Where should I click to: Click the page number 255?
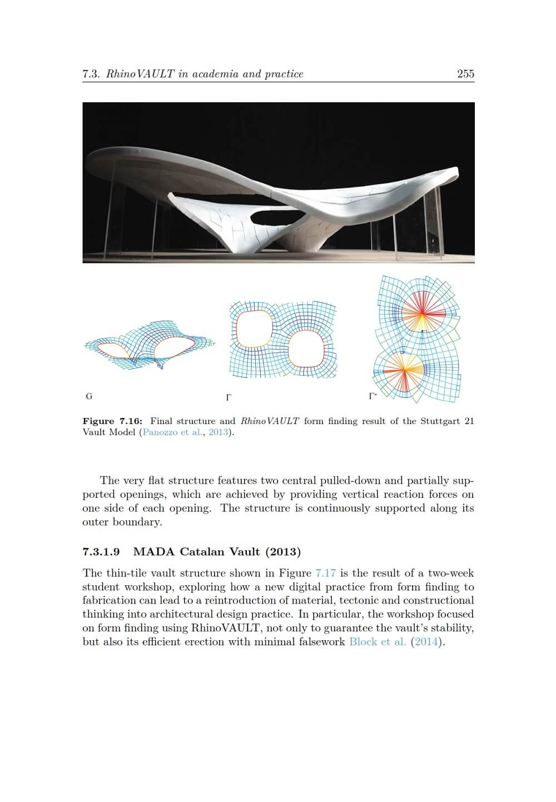click(465, 73)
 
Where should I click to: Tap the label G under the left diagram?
click(89, 396)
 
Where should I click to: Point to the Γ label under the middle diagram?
click(228, 397)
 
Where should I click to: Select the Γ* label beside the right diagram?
click(373, 396)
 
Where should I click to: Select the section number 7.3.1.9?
click(101, 552)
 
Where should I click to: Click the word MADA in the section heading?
click(154, 552)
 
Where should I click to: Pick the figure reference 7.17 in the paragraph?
click(325, 573)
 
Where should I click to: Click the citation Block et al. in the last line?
click(378, 642)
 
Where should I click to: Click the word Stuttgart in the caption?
click(439, 421)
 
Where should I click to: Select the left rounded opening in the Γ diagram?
click(254, 328)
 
